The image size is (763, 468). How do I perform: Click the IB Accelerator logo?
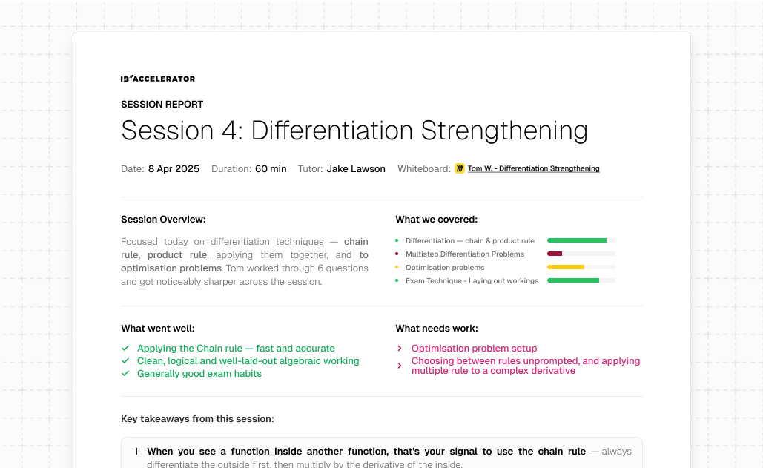tap(158, 79)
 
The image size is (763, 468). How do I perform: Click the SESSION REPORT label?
tap(162, 104)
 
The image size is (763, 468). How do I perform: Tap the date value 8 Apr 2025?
tap(174, 169)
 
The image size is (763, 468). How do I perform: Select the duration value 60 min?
tap(271, 169)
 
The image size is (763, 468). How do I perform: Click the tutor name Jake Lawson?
tap(356, 169)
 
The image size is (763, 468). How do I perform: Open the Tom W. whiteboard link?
tap(533, 168)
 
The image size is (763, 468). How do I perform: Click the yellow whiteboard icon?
tap(460, 168)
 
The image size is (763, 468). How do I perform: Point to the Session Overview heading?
tap(163, 220)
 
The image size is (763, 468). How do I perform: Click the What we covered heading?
tap(436, 220)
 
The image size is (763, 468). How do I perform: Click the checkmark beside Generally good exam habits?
tap(125, 374)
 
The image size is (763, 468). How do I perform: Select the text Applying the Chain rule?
tap(190, 349)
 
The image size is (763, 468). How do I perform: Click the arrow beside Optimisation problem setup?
tap(400, 349)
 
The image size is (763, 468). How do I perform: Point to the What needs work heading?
tap(437, 329)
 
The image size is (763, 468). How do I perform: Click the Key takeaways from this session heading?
tap(197, 419)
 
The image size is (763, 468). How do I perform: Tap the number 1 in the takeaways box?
tap(136, 452)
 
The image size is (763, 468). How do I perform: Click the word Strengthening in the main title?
tap(503, 131)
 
